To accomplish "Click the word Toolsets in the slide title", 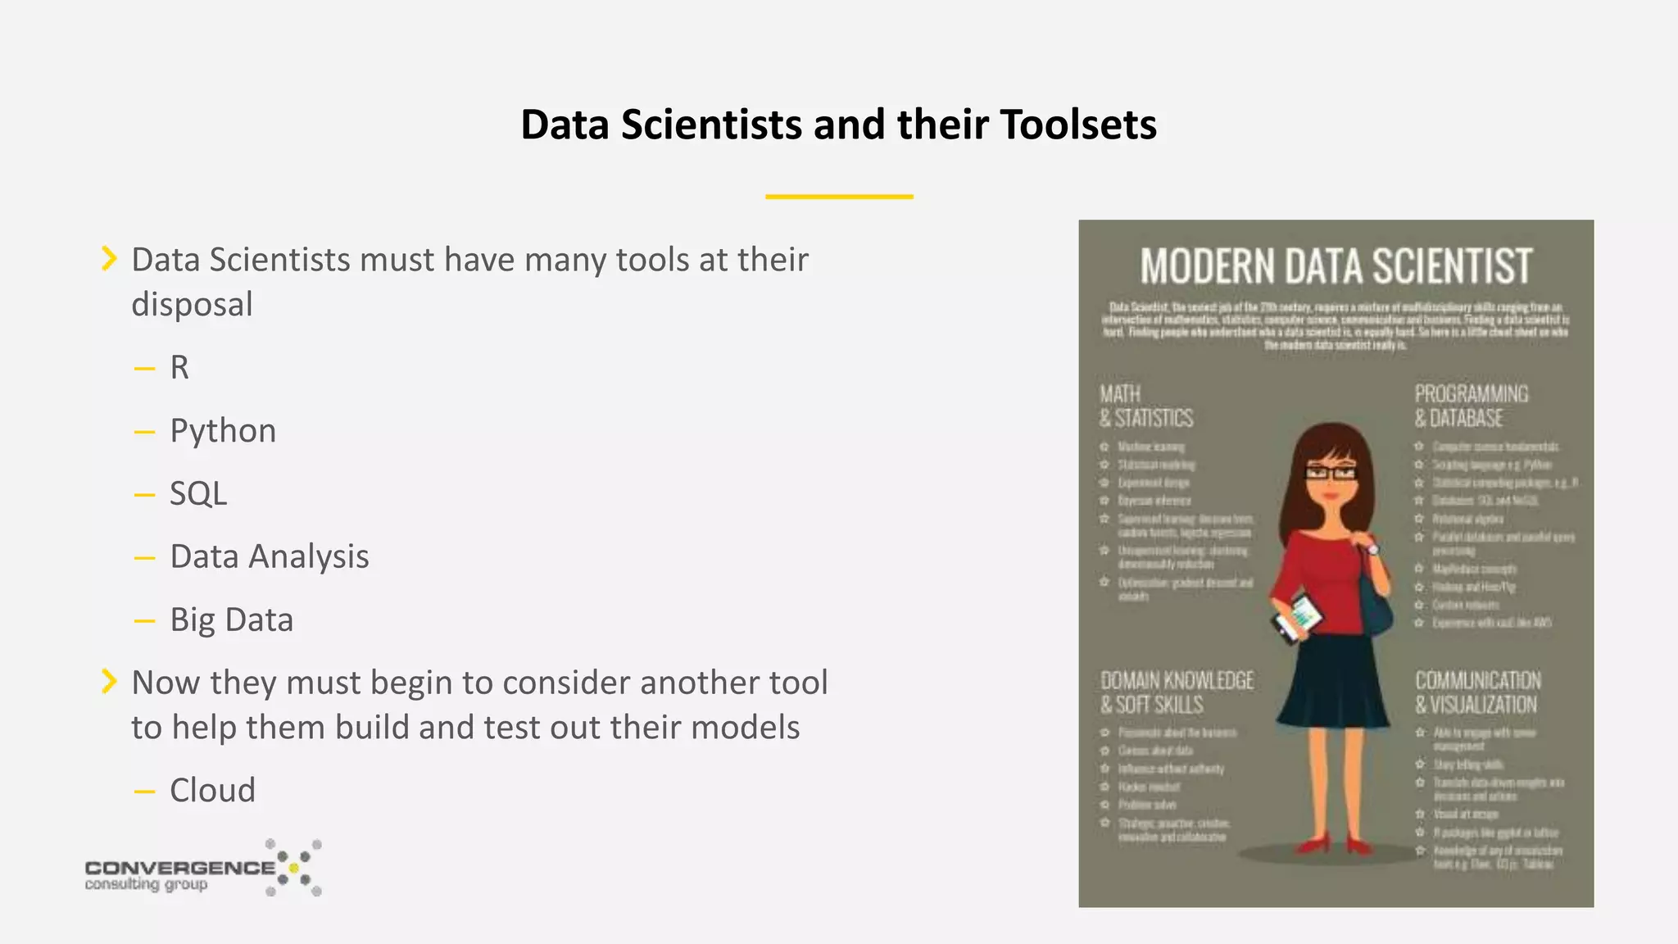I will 1078,125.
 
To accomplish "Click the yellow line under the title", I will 839,197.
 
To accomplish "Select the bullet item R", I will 179,368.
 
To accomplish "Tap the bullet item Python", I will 223,431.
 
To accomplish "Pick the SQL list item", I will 198,494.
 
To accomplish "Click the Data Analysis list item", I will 270,557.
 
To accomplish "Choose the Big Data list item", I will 231,620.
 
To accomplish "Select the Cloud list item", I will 212,791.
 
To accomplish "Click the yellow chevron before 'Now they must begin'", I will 109,681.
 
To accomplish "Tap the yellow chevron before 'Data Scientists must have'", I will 109,258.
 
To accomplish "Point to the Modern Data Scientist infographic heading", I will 1336,266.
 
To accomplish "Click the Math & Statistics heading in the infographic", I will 1145,406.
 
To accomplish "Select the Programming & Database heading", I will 1471,406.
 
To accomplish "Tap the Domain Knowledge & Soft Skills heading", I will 1177,692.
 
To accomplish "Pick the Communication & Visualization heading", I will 1477,692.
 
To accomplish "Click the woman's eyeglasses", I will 1330,472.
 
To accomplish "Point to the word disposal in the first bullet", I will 193,305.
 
